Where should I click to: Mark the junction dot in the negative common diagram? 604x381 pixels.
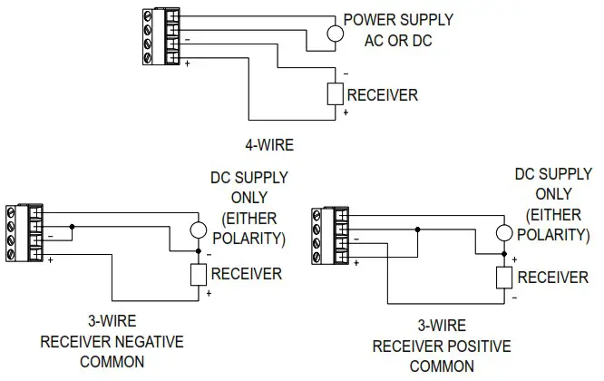coord(73,227)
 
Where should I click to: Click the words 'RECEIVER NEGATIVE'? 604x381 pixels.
coord(112,341)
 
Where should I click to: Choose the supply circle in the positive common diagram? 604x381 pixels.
coord(503,233)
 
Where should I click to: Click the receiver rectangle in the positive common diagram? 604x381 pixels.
coord(503,278)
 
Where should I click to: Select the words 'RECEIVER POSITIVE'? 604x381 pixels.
coord(442,347)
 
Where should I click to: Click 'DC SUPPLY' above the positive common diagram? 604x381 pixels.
coord(553,174)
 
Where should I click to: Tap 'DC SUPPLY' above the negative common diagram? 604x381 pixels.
coord(248,179)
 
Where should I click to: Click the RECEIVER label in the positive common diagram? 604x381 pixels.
coord(552,278)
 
